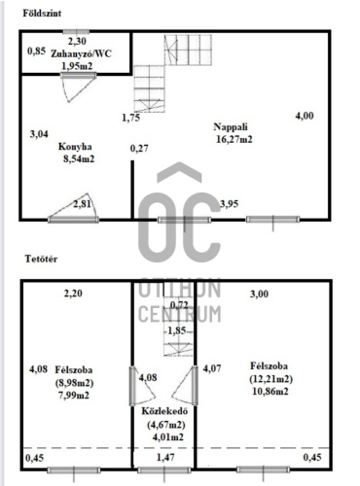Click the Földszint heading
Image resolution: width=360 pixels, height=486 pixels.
click(42, 14)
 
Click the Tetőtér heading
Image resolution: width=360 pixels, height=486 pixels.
click(41, 259)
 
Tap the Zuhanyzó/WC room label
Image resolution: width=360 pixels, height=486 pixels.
click(81, 53)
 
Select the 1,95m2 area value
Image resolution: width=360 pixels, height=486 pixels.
click(77, 66)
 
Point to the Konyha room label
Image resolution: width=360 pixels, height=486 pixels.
click(75, 147)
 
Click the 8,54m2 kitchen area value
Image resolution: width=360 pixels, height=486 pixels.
click(79, 159)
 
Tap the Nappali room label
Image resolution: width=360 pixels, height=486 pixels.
click(231, 126)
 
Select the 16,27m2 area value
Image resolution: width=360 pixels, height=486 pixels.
click(234, 139)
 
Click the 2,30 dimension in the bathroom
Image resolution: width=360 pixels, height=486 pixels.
click(77, 42)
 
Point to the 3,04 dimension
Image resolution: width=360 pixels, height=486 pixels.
click(39, 134)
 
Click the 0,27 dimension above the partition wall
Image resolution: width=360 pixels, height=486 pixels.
click(139, 149)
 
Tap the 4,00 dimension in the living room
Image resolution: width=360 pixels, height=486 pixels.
click(305, 116)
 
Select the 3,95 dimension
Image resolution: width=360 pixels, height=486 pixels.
click(229, 204)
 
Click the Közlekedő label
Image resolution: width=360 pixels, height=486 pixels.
click(164, 411)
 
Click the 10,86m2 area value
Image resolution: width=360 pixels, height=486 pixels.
click(270, 391)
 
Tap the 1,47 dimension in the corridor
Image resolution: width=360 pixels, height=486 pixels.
click(165, 457)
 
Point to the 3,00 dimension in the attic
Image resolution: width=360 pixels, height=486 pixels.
click(259, 294)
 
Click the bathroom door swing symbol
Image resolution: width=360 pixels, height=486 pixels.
click(78, 87)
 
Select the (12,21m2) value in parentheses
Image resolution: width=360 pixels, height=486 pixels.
click(271, 379)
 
